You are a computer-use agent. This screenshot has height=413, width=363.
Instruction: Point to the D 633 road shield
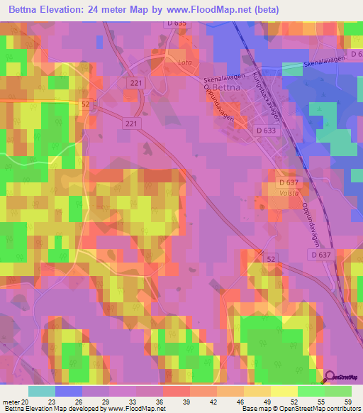pos(266,130)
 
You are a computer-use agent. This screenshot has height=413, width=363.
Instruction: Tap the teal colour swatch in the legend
pos(41,391)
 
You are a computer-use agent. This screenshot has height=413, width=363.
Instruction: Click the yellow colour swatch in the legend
pos(284,391)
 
